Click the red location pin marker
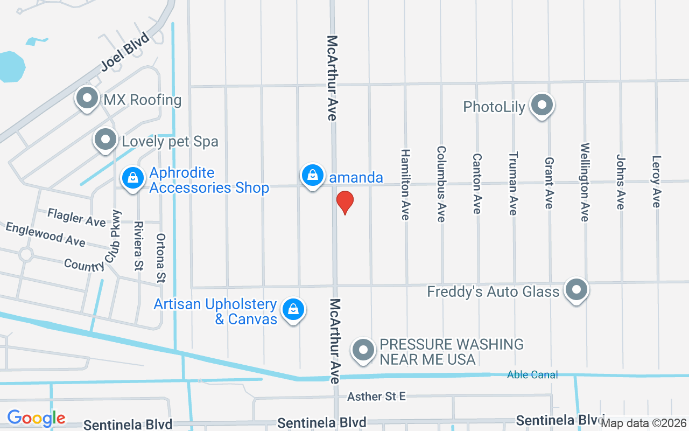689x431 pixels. click(344, 203)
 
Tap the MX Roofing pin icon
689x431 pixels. click(87, 99)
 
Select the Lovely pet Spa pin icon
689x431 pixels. click(106, 140)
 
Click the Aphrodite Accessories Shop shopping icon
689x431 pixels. click(132, 178)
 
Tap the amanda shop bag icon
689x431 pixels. click(312, 175)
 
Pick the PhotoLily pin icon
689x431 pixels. click(542, 105)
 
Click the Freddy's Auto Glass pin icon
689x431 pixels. click(576, 290)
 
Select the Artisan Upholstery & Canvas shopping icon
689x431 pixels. click(293, 310)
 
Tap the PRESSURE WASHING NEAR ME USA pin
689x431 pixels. click(363, 350)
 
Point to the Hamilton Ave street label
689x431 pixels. click(405, 184)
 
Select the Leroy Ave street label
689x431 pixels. click(656, 182)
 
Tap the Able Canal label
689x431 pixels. click(532, 375)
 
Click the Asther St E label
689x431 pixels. click(376, 397)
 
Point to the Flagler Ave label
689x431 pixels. click(76, 217)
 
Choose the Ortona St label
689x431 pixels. click(161, 258)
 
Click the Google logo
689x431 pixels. click(36, 418)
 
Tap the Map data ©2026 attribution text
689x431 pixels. click(643, 423)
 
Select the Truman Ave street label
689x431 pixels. click(513, 183)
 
